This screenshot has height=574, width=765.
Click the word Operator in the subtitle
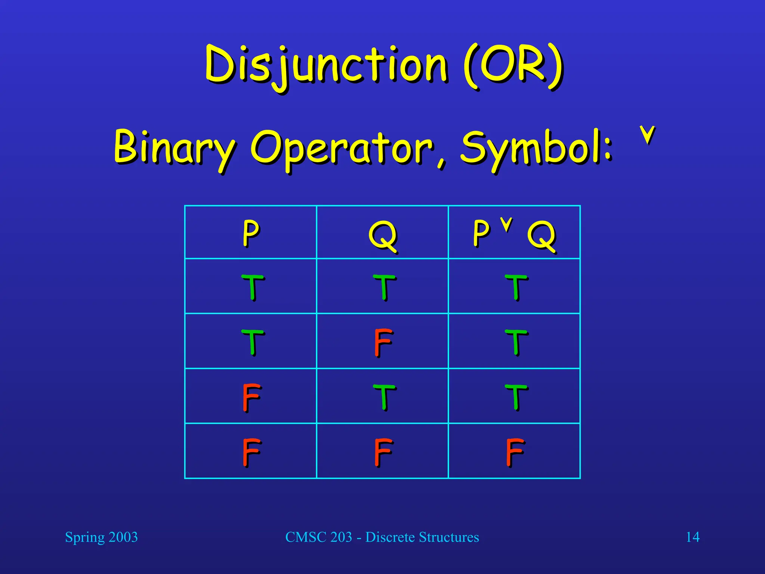[x=342, y=149]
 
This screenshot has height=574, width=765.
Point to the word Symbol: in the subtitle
[x=536, y=148]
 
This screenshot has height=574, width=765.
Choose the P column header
[x=251, y=232]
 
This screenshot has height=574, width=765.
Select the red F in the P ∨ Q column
[x=515, y=452]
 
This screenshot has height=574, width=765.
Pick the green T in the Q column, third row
[x=384, y=397]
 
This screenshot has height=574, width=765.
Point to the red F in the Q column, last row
[x=383, y=452]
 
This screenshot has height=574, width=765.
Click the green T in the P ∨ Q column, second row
[x=516, y=342]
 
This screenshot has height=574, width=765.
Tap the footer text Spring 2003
[x=101, y=537]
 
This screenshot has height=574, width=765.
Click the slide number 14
[x=693, y=537]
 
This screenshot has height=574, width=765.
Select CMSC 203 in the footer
[x=319, y=537]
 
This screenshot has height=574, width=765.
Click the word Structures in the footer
[x=449, y=537]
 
